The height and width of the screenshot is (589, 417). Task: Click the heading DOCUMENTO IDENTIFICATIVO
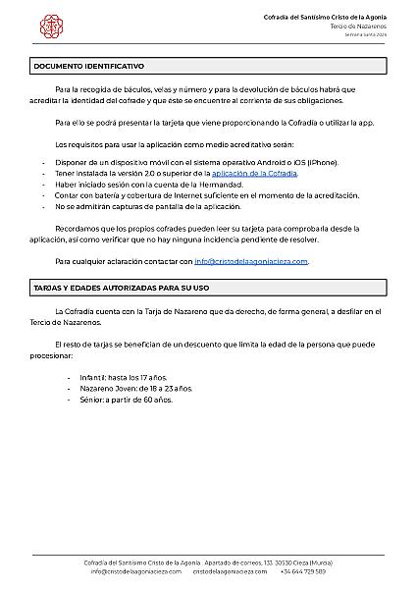coord(89,66)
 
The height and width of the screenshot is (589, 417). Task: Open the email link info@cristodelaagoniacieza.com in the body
coord(251,262)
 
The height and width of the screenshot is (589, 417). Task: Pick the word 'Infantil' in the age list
coord(94,377)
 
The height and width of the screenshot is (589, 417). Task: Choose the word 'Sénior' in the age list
coord(92,401)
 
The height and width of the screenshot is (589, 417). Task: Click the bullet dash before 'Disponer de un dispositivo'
coord(43,160)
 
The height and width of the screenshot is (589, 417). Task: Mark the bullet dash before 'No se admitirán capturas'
coord(43,207)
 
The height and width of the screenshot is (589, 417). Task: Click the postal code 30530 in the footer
coord(278,562)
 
